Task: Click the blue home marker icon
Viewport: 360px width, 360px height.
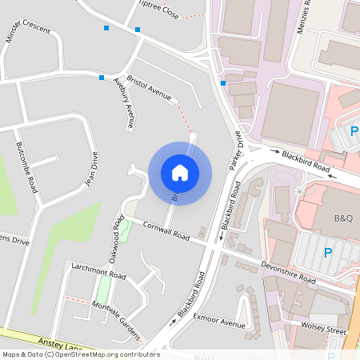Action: [x=180, y=172]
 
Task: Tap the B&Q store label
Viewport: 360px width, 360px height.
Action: [x=342, y=218]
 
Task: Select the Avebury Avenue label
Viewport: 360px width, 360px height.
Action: [x=122, y=103]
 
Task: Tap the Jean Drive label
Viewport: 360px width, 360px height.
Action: [x=91, y=169]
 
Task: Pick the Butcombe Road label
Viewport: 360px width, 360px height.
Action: [x=26, y=168]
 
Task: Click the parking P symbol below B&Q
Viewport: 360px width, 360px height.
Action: [x=327, y=253]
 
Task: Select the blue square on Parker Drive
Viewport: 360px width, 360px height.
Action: [x=223, y=83]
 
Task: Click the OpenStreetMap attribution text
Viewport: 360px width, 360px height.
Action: [x=81, y=354]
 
